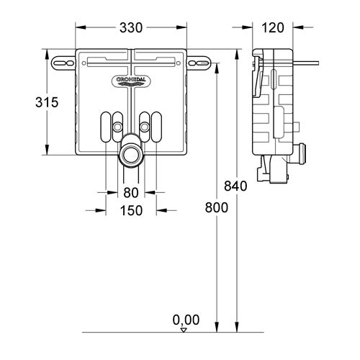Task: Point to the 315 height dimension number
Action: [x=26, y=102]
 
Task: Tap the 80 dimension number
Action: [x=130, y=193]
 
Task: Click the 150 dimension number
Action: [x=130, y=211]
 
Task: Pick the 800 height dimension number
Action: [x=215, y=207]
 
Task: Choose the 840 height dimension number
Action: [x=235, y=186]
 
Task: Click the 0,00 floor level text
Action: [x=186, y=320]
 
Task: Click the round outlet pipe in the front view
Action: [x=130, y=153]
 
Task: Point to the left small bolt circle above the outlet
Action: [x=116, y=127]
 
